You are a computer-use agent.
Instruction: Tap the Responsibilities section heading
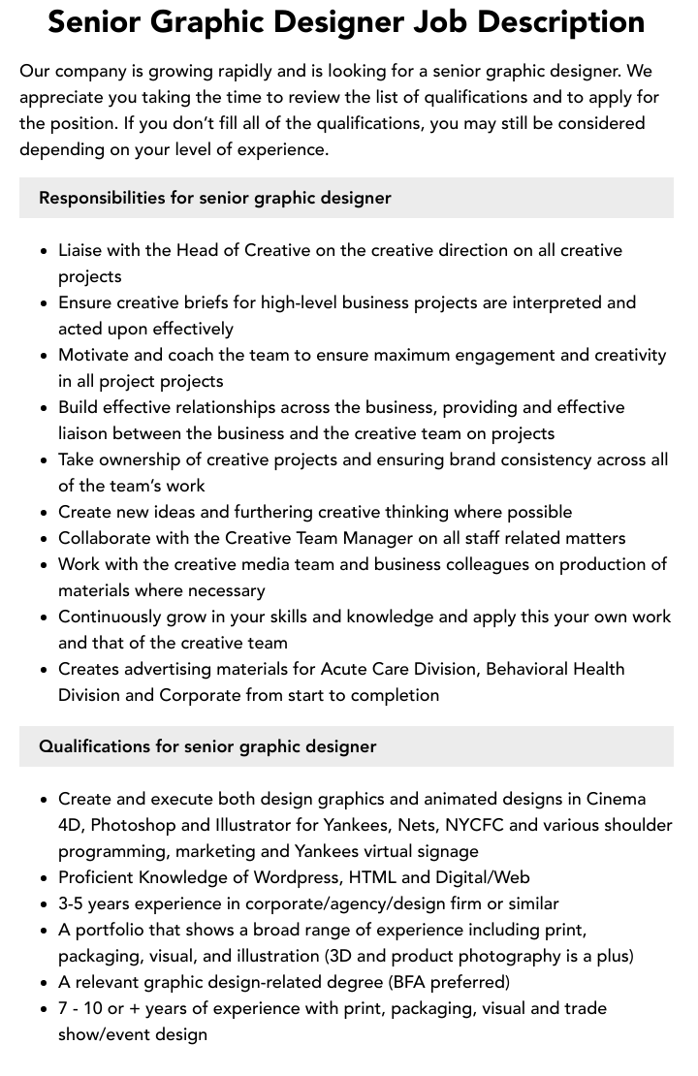point(214,198)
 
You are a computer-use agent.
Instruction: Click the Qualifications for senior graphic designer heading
point(207,746)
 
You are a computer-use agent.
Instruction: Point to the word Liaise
point(83,250)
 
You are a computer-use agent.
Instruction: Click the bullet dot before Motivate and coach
point(44,356)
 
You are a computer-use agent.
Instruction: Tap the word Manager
point(372,538)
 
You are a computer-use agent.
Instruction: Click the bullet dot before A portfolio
point(44,931)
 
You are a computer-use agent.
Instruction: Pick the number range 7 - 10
point(80,1008)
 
